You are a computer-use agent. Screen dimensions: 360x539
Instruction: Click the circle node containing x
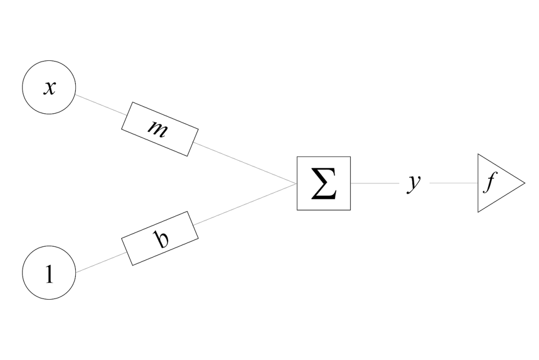pyautogui.click(x=49, y=87)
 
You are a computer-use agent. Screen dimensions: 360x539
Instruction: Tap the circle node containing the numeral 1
pyautogui.click(x=49, y=273)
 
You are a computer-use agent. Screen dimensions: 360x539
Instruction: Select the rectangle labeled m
pyautogui.click(x=160, y=129)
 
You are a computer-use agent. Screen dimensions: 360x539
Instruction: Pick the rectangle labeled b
pyautogui.click(x=160, y=238)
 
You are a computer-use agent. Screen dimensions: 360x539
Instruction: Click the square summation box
pyautogui.click(x=323, y=183)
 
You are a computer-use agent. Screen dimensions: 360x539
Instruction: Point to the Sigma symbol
pyautogui.click(x=323, y=184)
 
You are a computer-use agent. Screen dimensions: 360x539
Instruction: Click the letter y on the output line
pyautogui.click(x=414, y=183)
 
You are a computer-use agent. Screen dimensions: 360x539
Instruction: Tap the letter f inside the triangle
pyautogui.click(x=489, y=184)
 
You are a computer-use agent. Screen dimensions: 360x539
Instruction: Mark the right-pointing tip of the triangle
pyautogui.click(x=524, y=183)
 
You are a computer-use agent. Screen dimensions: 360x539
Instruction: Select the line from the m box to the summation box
pyautogui.click(x=245, y=163)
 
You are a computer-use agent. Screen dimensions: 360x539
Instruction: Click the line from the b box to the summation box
pyautogui.click(x=245, y=204)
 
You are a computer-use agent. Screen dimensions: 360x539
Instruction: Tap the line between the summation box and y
pyautogui.click(x=374, y=183)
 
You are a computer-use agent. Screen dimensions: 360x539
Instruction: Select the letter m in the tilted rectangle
pyautogui.click(x=159, y=128)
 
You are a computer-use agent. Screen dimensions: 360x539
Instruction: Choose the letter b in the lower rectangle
pyautogui.click(x=161, y=239)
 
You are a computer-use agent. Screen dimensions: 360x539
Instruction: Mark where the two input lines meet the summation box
pyautogui.click(x=297, y=183)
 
